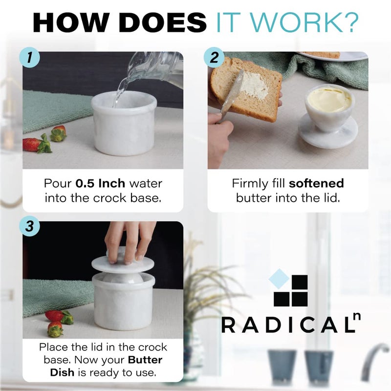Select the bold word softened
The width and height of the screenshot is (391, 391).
click(x=316, y=184)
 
